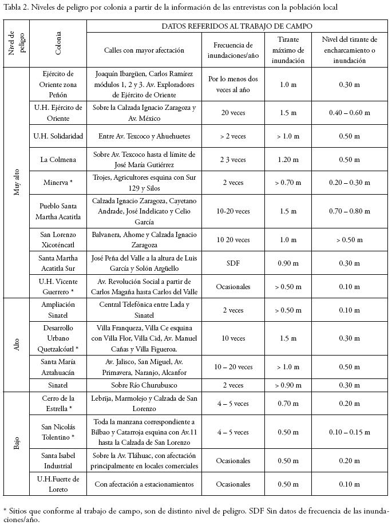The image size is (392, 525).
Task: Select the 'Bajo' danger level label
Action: (x=17, y=443)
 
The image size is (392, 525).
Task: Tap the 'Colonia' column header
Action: (x=58, y=44)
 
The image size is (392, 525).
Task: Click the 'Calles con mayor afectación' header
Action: (x=144, y=50)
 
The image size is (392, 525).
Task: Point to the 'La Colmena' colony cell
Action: (x=58, y=159)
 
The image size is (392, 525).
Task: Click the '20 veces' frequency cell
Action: (x=233, y=113)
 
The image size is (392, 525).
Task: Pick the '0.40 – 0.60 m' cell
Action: (x=349, y=113)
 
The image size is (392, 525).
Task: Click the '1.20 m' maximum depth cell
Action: (x=288, y=159)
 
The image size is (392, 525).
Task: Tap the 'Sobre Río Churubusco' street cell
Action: (x=144, y=385)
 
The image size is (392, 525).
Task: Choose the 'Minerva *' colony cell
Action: (x=58, y=183)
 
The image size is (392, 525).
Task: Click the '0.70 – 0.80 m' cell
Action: (x=349, y=211)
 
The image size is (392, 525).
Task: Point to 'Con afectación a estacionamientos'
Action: (x=144, y=484)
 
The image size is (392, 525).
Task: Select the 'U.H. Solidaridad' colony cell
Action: (x=58, y=136)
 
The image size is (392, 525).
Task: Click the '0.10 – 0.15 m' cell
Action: (x=349, y=432)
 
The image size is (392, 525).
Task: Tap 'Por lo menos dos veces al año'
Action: (x=233, y=85)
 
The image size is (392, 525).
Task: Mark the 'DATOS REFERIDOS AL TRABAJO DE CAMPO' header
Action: (x=236, y=26)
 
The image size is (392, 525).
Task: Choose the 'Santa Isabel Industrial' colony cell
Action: (x=58, y=460)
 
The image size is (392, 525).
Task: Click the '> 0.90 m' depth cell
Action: (x=288, y=385)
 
